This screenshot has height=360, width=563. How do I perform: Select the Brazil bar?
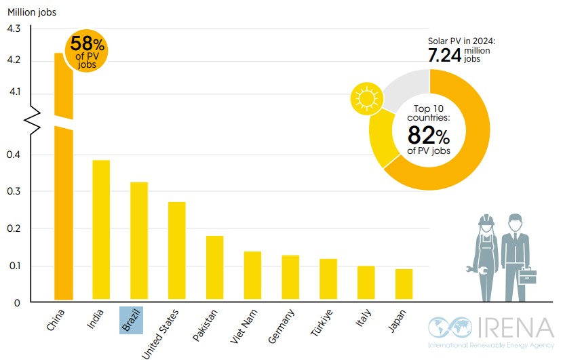pyautogui.click(x=139, y=241)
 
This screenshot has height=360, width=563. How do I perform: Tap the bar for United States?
pyautogui.click(x=177, y=250)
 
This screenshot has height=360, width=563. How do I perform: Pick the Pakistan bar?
pyautogui.click(x=214, y=267)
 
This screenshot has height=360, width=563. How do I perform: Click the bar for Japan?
pyautogui.click(x=404, y=284)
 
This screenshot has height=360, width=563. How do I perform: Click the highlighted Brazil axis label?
pyautogui.click(x=130, y=319)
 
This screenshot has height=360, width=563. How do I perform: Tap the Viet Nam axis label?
pyautogui.click(x=246, y=325)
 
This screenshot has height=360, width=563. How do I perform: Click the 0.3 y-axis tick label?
pyautogui.click(x=14, y=192)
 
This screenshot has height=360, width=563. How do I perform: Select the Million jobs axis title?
pyautogui.click(x=32, y=12)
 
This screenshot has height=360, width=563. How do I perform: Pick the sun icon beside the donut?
pyautogui.click(x=367, y=99)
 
